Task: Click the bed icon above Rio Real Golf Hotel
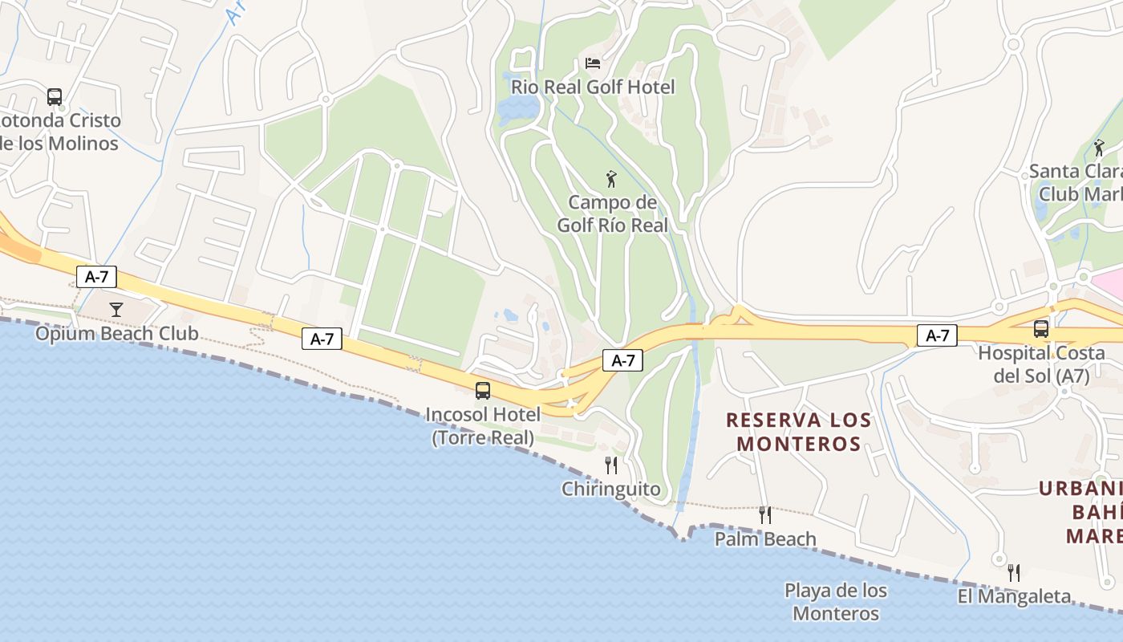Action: (593, 63)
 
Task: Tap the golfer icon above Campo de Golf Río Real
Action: (611, 179)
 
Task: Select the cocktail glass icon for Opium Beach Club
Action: (117, 309)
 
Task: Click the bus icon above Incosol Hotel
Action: (483, 391)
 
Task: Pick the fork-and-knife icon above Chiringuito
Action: (611, 465)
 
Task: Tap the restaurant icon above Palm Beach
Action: (765, 515)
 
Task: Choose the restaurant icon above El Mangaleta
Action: (1015, 572)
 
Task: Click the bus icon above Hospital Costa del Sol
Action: (1041, 328)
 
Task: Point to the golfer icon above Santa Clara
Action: (1099, 148)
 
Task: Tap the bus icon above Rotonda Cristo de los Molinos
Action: (55, 97)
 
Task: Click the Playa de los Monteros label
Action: (836, 602)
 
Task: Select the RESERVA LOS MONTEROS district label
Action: (799, 432)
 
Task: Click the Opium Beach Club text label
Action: (116, 333)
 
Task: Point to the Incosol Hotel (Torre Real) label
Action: (483, 426)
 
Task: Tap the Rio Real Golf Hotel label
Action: (593, 87)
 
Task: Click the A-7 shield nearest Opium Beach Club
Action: (97, 277)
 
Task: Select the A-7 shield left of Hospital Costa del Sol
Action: (937, 335)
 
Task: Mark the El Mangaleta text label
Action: (1015, 596)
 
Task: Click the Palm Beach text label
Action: (765, 538)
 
